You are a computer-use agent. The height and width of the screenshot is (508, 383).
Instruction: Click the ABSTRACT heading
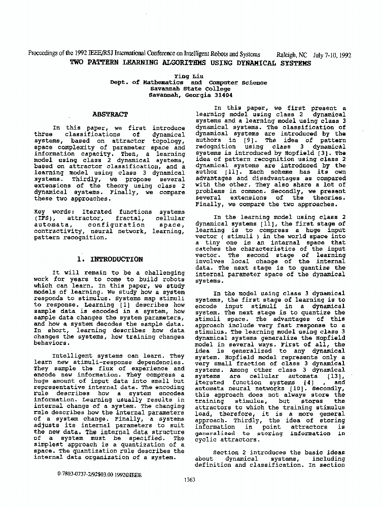pyautogui.click(x=110, y=115)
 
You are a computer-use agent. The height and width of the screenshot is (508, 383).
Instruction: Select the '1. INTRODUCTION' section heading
pyautogui.click(x=110, y=259)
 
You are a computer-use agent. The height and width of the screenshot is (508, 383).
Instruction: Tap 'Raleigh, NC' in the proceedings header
pyautogui.click(x=292, y=54)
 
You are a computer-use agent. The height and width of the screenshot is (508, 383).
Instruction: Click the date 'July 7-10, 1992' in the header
pyautogui.click(x=332, y=54)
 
